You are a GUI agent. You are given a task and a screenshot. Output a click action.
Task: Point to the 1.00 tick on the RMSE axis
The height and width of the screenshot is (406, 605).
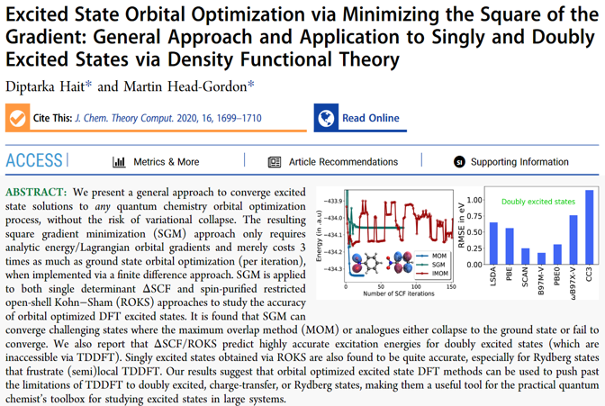tap(475, 199)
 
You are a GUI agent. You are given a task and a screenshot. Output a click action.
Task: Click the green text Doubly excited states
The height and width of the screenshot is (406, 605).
tap(537, 203)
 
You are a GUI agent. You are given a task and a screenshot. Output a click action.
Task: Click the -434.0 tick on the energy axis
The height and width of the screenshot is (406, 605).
tap(330, 218)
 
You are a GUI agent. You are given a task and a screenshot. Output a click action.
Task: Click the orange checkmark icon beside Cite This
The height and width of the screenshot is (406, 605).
tap(17, 118)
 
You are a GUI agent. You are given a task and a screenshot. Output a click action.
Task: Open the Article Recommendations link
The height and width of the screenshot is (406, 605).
tap(332, 162)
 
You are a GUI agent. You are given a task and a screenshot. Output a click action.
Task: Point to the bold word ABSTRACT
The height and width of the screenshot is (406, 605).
tap(35, 194)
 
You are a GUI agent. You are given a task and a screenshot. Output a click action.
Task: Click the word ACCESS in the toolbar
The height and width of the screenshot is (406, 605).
tap(34, 161)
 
